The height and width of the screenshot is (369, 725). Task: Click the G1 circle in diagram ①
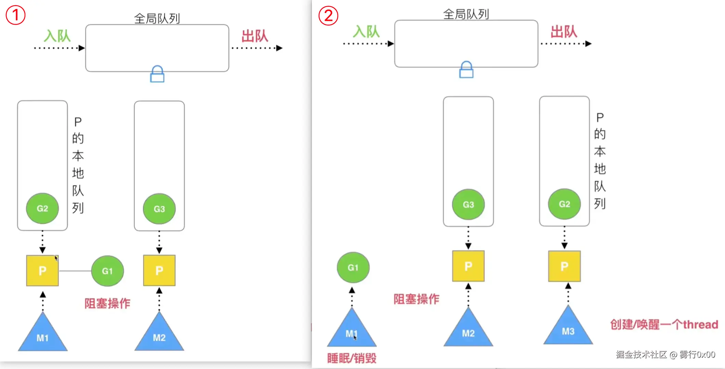coord(107,271)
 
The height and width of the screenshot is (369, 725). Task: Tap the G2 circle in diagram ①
coord(42,208)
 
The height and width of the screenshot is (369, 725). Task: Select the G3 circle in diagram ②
coord(468,204)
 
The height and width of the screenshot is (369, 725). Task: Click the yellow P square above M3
coord(564,266)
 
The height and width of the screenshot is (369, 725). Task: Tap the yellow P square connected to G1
coord(42,271)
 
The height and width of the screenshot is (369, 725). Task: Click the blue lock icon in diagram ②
coord(466,70)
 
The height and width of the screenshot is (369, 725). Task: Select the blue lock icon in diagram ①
coord(157,74)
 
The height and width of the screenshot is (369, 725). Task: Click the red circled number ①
coord(16,15)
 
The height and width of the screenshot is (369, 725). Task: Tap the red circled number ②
coord(328,15)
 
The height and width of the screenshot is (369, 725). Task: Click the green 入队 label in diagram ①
coord(57,36)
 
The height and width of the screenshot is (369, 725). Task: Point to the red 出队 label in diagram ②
coord(564,32)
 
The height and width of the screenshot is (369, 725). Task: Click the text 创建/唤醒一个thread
coord(664,324)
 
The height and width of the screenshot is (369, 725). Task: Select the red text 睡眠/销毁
coord(352,358)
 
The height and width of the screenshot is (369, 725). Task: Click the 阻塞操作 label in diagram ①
coord(107,303)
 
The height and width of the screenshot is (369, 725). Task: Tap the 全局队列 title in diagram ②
coord(466,14)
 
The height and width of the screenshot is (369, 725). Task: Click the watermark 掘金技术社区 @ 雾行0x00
coord(666,355)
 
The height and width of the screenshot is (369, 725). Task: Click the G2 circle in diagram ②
coord(564,204)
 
